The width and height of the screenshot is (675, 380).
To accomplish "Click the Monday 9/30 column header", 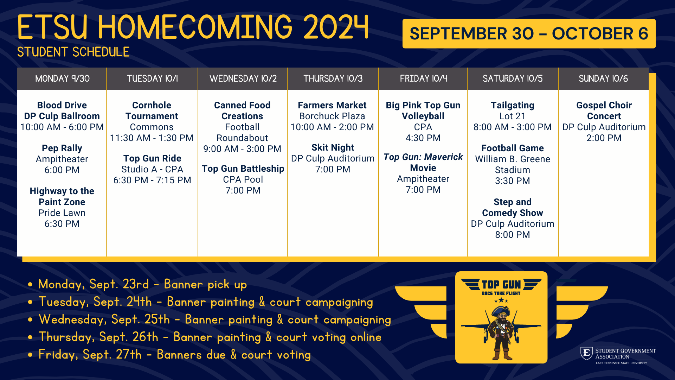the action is (x=62, y=78).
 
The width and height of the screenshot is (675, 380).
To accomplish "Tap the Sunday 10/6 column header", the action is (x=603, y=78).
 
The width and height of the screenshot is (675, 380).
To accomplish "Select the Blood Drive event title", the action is (x=62, y=105).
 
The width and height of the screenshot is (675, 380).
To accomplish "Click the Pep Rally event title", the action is (x=62, y=148).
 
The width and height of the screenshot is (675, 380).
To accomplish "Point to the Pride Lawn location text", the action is (x=62, y=213).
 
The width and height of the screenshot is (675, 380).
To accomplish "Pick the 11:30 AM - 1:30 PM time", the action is (x=152, y=138).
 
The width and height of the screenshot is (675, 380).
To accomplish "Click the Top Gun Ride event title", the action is (x=152, y=158).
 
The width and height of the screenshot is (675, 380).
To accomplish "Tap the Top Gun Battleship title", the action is (x=243, y=169).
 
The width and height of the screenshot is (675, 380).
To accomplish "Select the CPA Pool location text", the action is (x=243, y=179).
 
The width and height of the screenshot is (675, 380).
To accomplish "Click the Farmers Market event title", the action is (x=332, y=105).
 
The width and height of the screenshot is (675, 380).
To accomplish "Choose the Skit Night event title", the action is (x=333, y=147).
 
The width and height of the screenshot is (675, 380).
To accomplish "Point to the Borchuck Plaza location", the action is (x=332, y=116).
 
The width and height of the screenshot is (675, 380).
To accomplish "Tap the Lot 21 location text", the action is (x=513, y=116).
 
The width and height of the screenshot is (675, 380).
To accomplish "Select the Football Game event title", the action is (x=513, y=148).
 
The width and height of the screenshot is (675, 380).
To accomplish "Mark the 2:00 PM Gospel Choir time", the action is (x=604, y=138).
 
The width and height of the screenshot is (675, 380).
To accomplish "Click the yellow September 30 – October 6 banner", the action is (x=529, y=34).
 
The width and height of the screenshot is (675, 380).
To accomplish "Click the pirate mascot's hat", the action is (x=501, y=310).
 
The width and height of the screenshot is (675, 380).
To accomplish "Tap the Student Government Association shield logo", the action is (x=586, y=354).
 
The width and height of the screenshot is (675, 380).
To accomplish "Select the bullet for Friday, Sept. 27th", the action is (x=31, y=355).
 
